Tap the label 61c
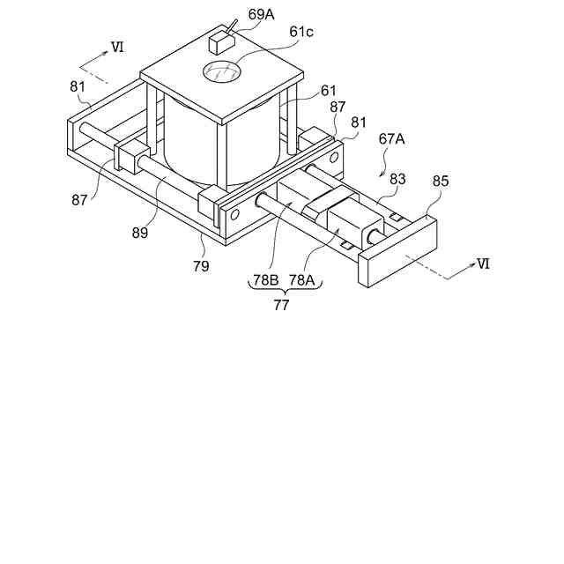click(x=301, y=33)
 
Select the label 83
click(x=397, y=178)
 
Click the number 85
click(x=441, y=182)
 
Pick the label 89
click(x=140, y=233)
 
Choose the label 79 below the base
click(x=201, y=265)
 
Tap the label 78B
click(x=266, y=279)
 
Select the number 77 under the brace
click(x=280, y=306)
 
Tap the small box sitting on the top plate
click(x=219, y=41)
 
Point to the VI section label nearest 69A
click(x=116, y=46)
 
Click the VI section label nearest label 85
click(x=481, y=263)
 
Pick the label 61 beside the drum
click(x=327, y=89)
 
